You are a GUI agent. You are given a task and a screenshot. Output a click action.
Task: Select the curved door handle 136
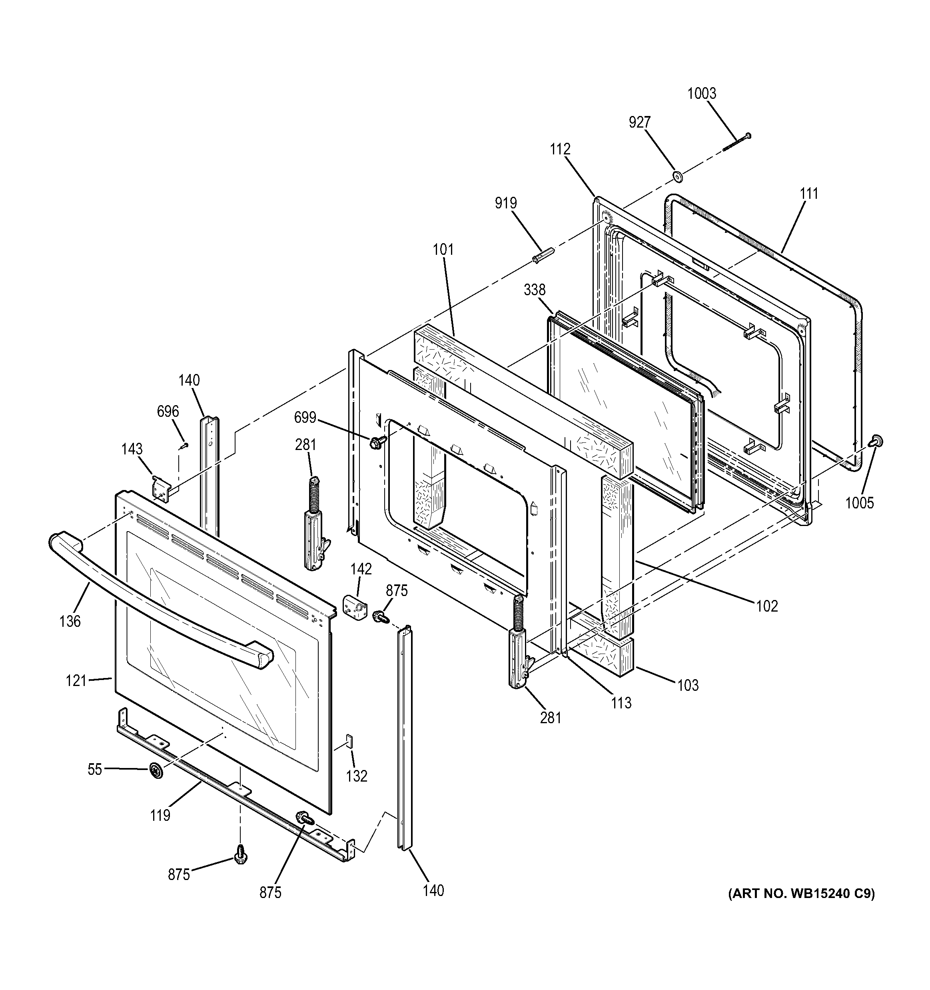tap(159, 600)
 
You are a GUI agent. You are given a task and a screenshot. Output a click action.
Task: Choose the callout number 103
tap(688, 685)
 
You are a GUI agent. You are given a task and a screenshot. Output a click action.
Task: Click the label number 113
tap(621, 703)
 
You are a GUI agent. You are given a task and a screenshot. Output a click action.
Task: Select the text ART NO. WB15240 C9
tap(801, 893)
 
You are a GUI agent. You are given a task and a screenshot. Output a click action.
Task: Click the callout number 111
tap(808, 193)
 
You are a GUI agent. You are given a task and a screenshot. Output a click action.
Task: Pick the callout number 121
tap(76, 680)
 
